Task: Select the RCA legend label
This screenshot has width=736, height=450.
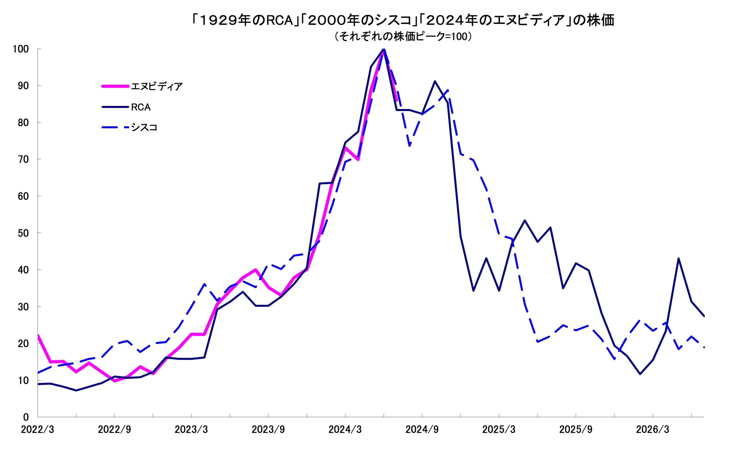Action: point(141,107)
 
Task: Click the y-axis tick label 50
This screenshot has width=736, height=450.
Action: point(23,233)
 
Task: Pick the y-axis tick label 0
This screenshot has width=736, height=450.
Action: point(26,417)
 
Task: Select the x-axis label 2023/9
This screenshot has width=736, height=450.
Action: point(268,430)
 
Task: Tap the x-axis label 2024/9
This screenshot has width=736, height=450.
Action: point(422,430)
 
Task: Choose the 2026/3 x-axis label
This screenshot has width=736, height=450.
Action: point(653,430)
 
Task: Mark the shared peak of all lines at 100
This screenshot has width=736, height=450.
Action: point(384,49)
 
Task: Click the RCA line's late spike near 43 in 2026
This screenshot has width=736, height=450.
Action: point(678,259)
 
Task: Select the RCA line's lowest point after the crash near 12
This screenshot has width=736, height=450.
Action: point(640,374)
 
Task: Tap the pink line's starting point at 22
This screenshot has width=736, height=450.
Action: point(38,335)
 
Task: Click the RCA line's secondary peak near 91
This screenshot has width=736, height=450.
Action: point(435,81)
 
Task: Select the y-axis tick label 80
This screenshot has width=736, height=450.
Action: point(23,123)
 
